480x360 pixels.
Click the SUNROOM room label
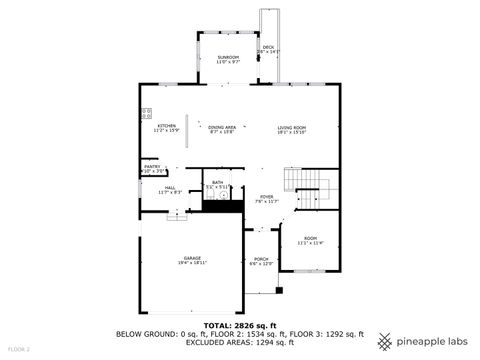[228, 59]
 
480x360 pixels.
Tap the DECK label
[268, 49]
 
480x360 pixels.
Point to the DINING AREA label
[221, 129]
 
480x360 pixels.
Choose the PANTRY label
[152, 169]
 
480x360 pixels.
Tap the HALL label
[170, 189]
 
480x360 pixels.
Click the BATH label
[217, 184]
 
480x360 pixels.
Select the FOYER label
[267, 198]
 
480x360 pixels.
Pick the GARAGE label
[192, 260]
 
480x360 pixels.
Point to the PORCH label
[261, 261]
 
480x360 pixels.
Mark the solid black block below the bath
[224, 207]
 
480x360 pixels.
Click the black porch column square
[280, 290]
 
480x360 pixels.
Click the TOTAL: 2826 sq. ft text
[239, 325]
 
